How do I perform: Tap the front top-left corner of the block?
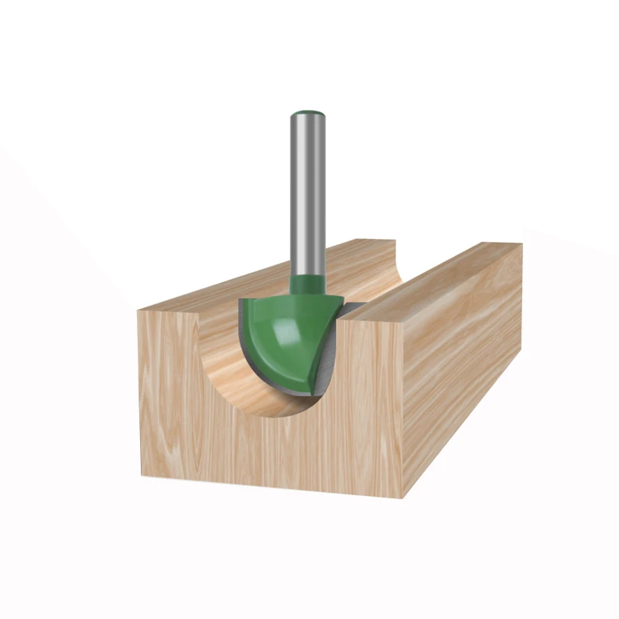coord(139,310)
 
